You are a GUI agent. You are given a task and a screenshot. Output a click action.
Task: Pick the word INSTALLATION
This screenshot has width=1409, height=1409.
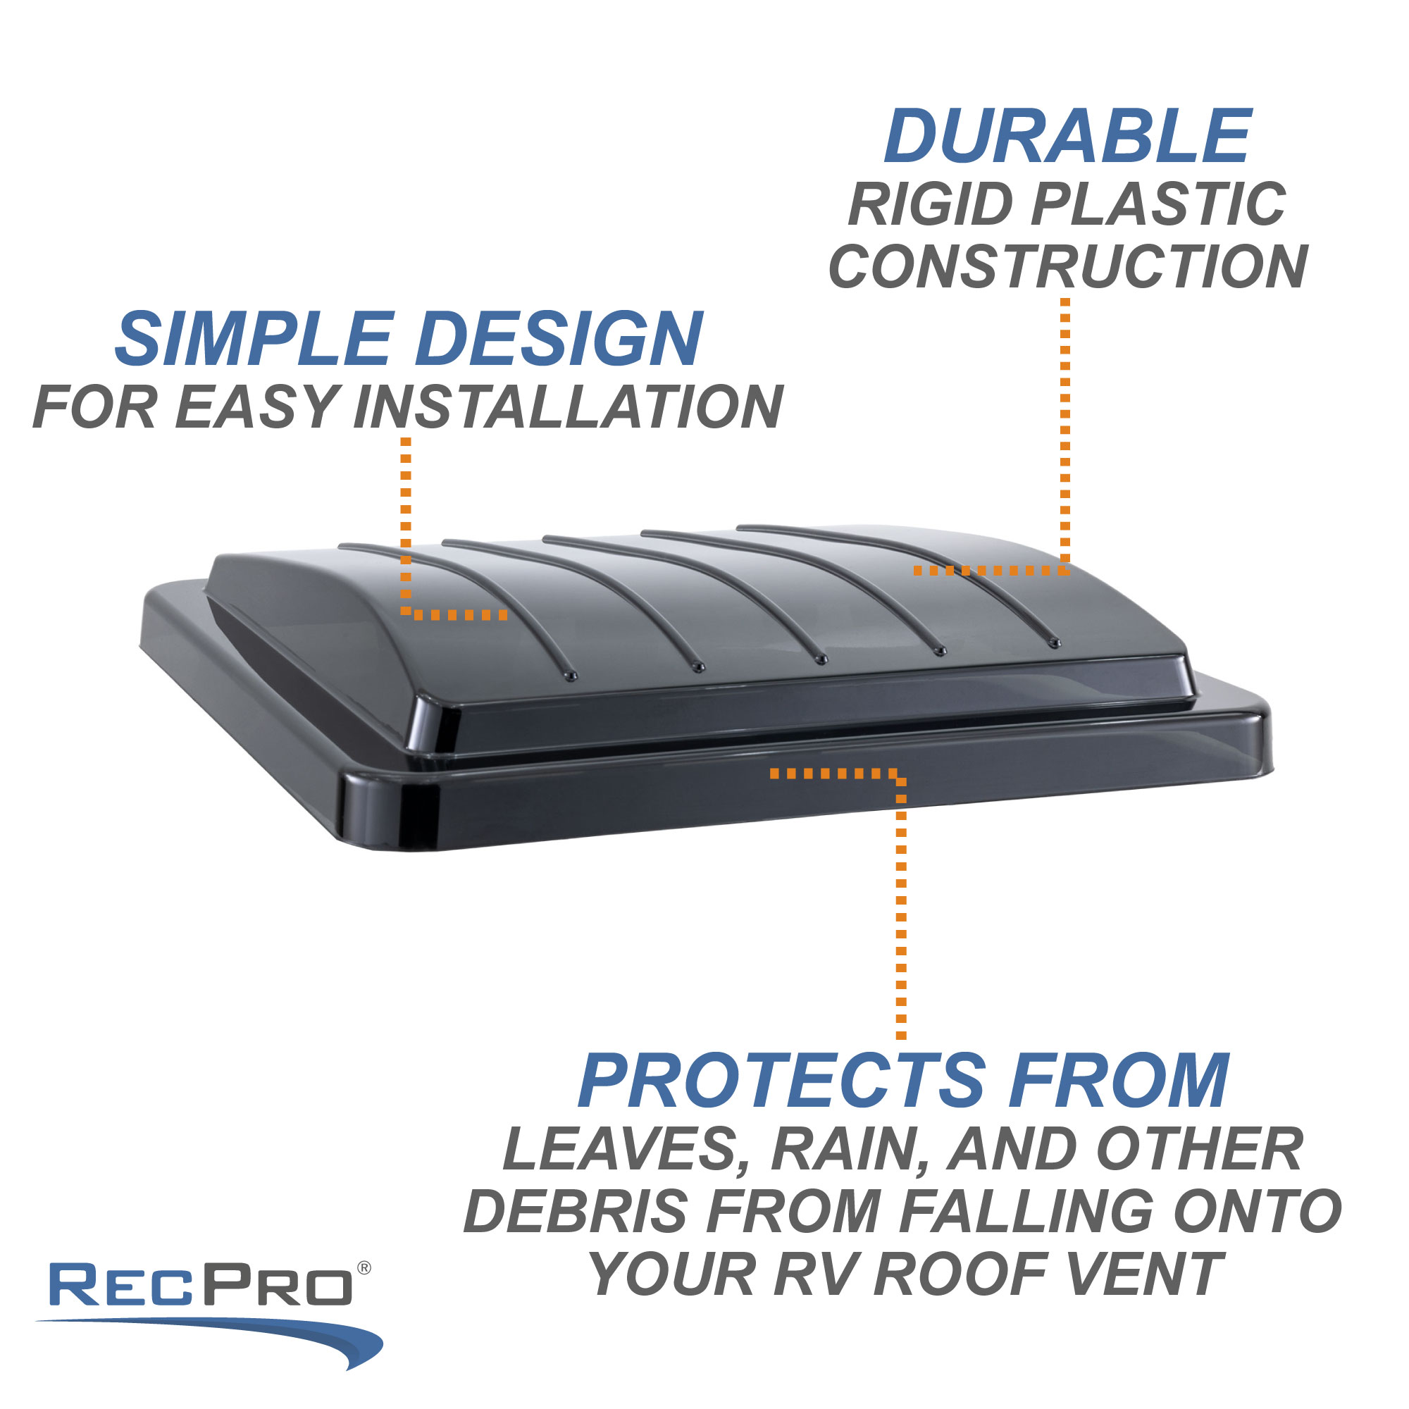pos(568,406)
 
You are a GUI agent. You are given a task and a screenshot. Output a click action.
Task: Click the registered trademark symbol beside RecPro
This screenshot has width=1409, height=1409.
pos(364,1268)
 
